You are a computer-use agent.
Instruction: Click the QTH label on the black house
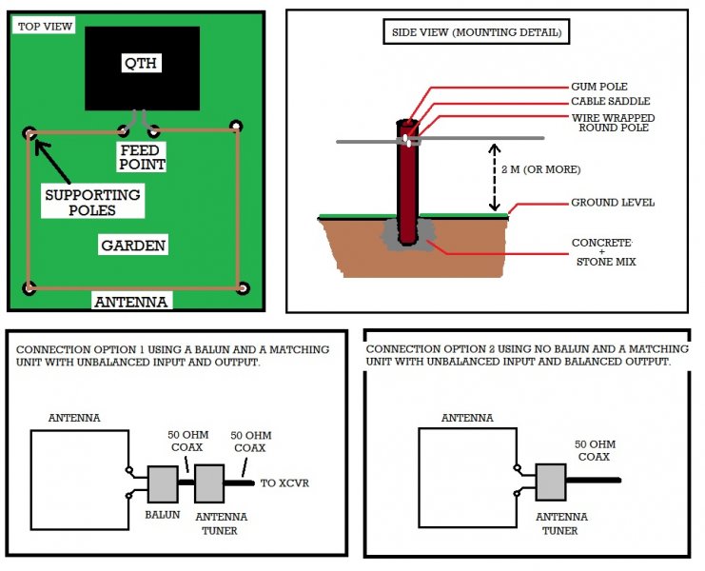click(x=141, y=64)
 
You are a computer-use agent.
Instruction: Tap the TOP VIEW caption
click(x=43, y=26)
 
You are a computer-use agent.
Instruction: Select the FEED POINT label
click(x=143, y=157)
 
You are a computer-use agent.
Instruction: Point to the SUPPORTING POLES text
click(x=92, y=202)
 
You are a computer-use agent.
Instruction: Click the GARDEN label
click(x=133, y=246)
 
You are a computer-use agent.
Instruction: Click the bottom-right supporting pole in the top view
click(x=244, y=287)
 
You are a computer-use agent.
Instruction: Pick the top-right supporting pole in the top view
click(x=236, y=126)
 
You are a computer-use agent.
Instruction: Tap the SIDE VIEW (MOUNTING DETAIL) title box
click(x=477, y=33)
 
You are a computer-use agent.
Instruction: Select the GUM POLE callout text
click(x=599, y=86)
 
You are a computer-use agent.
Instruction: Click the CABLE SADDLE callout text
click(x=611, y=101)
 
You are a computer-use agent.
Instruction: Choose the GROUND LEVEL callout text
click(x=612, y=203)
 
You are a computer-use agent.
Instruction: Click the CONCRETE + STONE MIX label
click(x=602, y=250)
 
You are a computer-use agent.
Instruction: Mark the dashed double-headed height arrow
click(x=493, y=178)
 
